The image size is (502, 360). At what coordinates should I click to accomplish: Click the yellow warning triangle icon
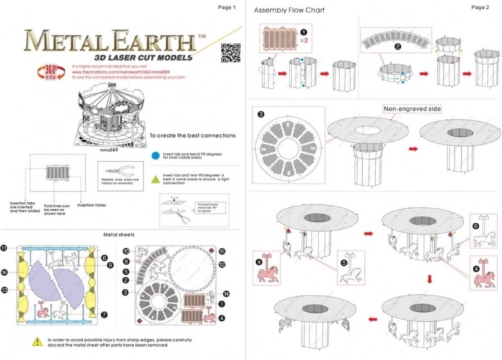point(36,341)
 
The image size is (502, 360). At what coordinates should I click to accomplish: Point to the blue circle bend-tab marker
point(155,155)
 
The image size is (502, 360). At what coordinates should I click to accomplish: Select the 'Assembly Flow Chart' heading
point(289,10)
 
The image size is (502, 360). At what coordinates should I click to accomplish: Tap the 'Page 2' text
point(480,7)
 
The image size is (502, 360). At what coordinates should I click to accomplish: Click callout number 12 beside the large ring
point(222,264)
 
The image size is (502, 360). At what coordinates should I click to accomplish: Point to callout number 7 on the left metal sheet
point(103,314)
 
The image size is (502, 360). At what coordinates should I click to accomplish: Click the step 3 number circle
point(260,114)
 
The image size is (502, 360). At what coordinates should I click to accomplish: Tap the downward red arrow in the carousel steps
point(429,278)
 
